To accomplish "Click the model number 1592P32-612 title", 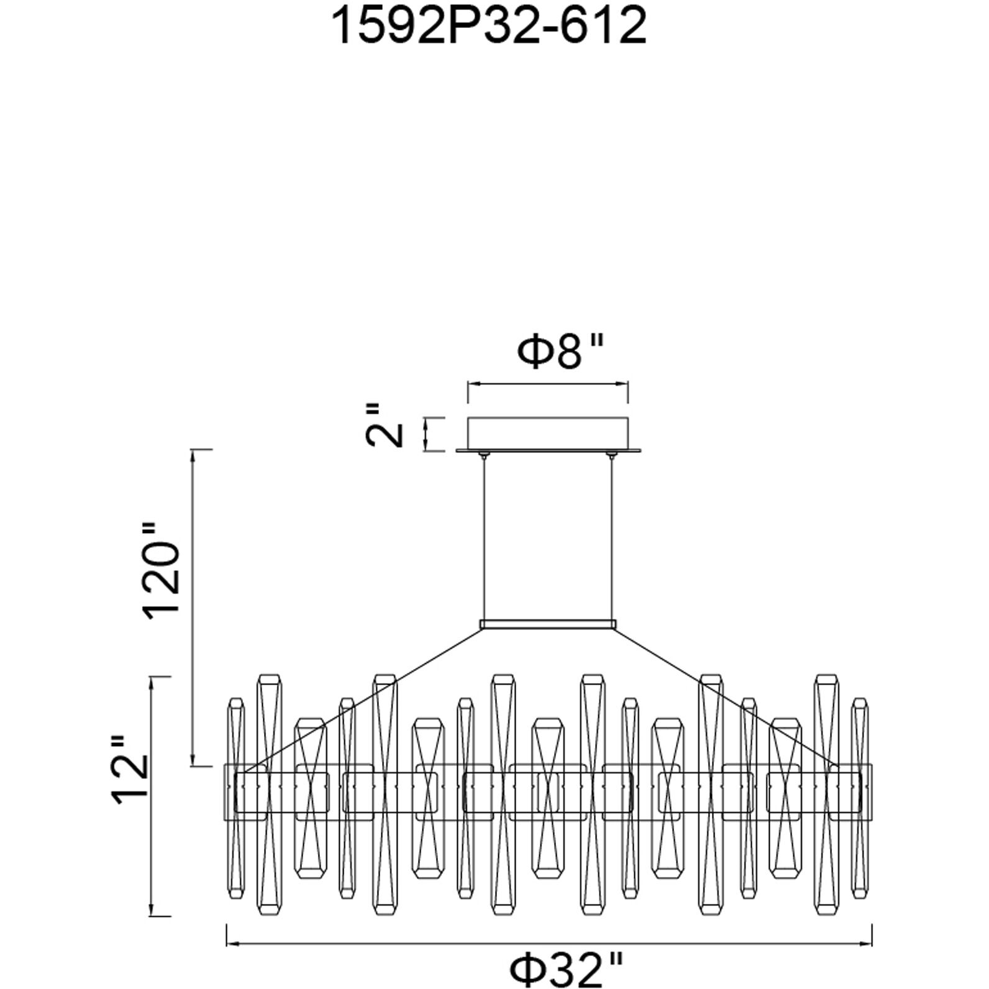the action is click(x=490, y=26).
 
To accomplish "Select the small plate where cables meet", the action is click(x=548, y=624).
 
